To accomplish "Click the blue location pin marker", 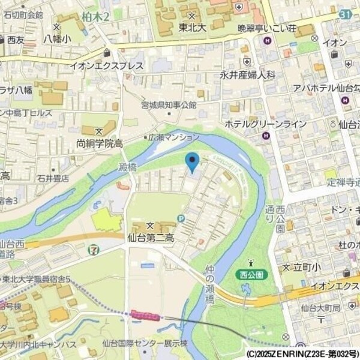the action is pyautogui.click(x=191, y=161).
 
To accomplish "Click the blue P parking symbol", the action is pyautogui.click(x=181, y=218).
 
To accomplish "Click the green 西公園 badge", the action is pyautogui.click(x=251, y=274).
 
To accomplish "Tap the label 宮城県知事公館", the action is pyautogui.click(x=168, y=105).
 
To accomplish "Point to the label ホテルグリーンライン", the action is pyautogui.click(x=265, y=124).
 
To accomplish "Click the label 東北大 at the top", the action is pyautogui.click(x=192, y=28).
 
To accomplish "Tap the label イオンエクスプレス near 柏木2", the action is pyautogui.click(x=106, y=65).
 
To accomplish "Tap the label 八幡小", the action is pyautogui.click(x=56, y=38).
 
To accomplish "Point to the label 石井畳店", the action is pyautogui.click(x=53, y=178).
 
